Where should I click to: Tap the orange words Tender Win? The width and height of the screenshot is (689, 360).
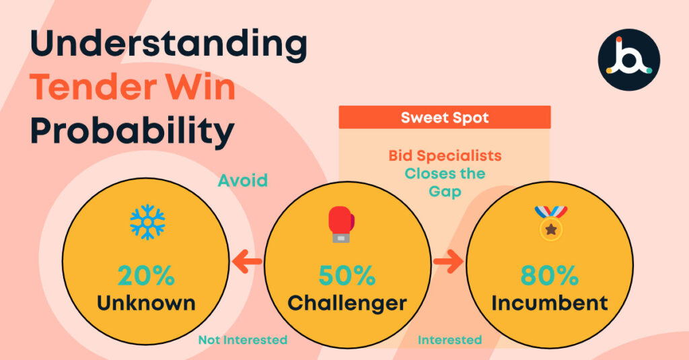pos(133,87)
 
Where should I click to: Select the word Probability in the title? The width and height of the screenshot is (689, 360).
pos(132,132)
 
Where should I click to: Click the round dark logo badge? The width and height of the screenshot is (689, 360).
pos(629,60)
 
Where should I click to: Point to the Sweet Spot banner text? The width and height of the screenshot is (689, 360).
pos(445,118)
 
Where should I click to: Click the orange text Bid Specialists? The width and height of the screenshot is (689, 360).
pos(445,155)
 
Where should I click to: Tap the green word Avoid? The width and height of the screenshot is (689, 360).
pos(242,180)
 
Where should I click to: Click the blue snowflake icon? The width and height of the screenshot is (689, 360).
pos(147,222)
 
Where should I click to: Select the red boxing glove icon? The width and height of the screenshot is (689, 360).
pos(341,224)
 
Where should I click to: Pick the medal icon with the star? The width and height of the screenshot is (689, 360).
pos(551,223)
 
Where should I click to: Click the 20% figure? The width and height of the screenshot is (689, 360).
pos(146,276)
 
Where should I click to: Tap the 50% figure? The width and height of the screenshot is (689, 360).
pos(347,276)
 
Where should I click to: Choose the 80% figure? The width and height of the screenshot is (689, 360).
pos(549,276)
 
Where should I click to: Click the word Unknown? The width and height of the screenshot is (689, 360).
pos(146,303)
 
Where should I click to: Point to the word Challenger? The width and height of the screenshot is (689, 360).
pos(347,304)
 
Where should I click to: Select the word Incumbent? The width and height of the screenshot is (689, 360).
pos(550,303)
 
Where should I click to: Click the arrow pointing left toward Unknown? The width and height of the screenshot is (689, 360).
pos(247,262)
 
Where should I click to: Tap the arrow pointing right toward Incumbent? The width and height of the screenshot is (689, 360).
pos(448,262)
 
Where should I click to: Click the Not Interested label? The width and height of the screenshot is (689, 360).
pos(243,340)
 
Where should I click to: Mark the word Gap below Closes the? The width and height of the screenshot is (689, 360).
pos(445,192)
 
